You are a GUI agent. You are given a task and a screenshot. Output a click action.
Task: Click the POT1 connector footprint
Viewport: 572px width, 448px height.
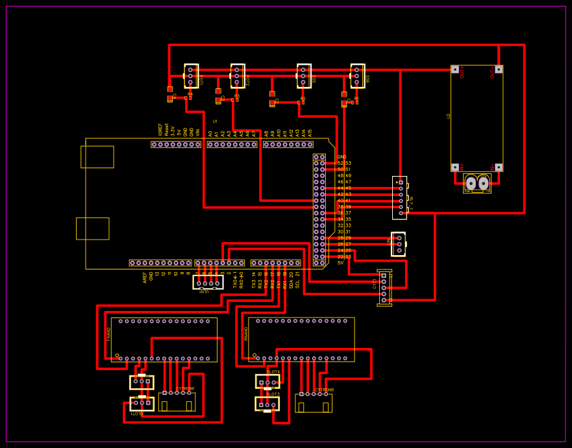point(191,76)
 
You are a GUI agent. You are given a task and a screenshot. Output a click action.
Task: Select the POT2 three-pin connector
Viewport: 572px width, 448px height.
point(237,76)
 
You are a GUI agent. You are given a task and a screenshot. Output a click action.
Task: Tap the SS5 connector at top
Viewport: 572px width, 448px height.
point(303,76)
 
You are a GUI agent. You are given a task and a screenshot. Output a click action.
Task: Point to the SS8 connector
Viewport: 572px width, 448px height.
point(357,76)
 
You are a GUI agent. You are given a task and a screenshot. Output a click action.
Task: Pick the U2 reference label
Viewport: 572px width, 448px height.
point(449,116)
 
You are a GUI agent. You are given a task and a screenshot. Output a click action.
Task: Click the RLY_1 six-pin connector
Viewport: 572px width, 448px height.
point(400,197)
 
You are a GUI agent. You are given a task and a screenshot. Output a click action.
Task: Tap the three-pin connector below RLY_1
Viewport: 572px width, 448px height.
point(399,244)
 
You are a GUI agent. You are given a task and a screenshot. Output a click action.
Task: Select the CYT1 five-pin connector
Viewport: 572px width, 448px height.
point(384,288)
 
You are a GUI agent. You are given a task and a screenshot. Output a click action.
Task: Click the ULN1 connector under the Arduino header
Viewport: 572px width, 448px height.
point(208,283)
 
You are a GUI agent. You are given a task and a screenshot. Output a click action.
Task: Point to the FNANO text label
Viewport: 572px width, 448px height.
point(108,334)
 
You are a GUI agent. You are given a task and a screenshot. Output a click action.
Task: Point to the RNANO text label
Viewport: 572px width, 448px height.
point(246,334)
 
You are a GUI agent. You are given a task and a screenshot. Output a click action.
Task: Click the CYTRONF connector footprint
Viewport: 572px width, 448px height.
point(177,401)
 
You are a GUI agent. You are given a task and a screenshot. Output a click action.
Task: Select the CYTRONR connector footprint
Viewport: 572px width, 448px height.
point(314,403)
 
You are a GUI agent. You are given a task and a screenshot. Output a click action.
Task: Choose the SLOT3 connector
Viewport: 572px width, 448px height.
point(267,404)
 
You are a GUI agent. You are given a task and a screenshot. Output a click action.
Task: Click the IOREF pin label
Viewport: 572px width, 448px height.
point(160,129)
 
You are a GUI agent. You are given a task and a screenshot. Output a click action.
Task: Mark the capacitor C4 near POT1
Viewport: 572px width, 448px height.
point(170,94)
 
